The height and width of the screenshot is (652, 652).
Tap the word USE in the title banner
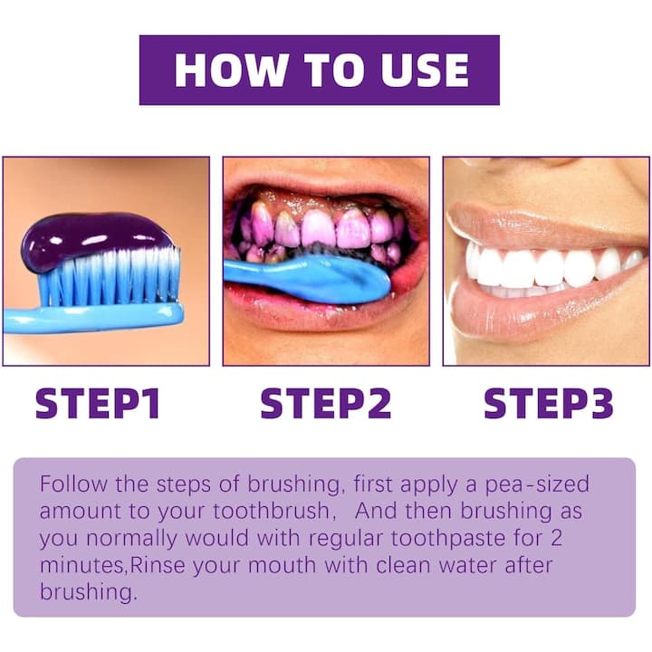click(425, 70)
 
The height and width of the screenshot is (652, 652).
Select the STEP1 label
click(98, 403)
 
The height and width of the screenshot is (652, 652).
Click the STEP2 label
click(326, 403)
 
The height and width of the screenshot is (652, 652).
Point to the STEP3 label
click(549, 403)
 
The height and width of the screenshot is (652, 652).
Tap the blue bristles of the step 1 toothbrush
click(110, 276)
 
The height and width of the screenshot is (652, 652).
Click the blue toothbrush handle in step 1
click(93, 318)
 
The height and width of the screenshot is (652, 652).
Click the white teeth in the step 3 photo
click(549, 268)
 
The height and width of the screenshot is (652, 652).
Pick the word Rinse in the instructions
click(158, 565)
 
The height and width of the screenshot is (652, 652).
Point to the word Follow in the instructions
click(73, 484)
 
